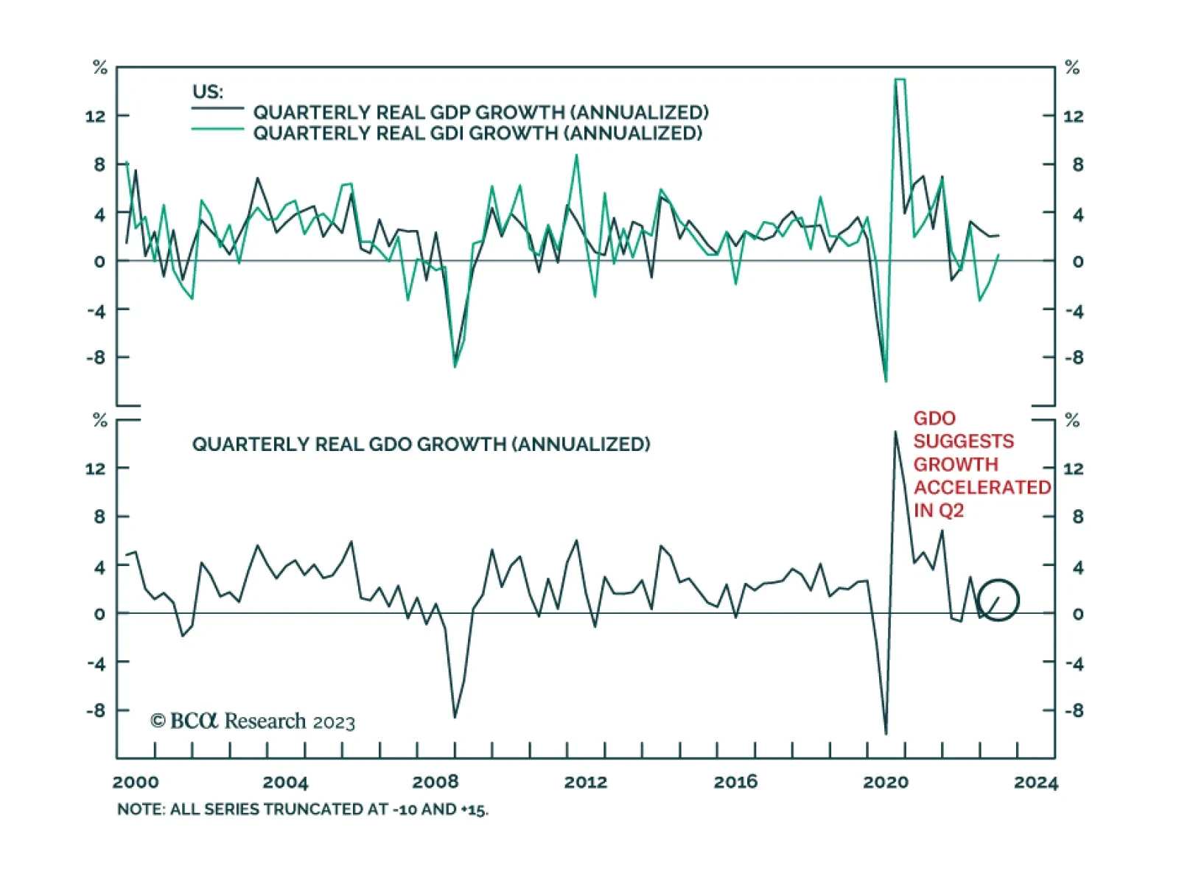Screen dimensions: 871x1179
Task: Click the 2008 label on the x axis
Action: [x=435, y=782]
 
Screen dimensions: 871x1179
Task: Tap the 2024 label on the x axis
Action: [x=1035, y=782]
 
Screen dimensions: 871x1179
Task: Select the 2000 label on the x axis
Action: [x=136, y=782]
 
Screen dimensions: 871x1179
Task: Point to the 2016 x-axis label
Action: [x=735, y=782]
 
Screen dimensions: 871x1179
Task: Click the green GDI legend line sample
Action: [x=217, y=130]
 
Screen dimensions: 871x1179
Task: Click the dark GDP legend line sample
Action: [x=217, y=109]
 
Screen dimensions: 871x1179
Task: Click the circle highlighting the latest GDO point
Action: [x=998, y=600]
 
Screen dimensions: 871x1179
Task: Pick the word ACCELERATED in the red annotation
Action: [x=982, y=488]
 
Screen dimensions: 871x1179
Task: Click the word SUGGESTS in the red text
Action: [x=963, y=441]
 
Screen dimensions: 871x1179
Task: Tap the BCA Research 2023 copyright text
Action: [x=253, y=721]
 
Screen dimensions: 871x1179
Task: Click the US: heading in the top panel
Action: [x=207, y=92]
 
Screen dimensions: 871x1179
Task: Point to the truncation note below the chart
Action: [x=302, y=809]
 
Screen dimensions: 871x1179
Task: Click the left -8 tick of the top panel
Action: [x=96, y=357]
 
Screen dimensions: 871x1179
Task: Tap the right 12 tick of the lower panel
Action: [x=1073, y=469]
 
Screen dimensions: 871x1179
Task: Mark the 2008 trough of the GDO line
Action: [x=455, y=716]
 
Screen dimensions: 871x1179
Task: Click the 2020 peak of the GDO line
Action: [x=895, y=433]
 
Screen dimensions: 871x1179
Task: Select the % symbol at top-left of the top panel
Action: [x=100, y=68]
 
